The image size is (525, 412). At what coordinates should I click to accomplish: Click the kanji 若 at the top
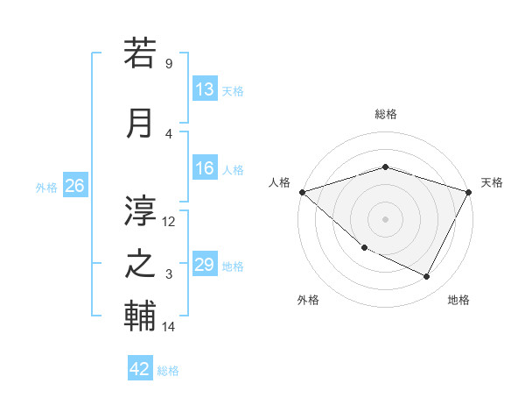[140, 54]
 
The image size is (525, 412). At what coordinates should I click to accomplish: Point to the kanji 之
[140, 264]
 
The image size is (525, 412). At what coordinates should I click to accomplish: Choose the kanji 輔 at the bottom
[140, 316]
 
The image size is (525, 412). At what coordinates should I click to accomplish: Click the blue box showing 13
[205, 89]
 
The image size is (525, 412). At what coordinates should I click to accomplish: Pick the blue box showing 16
[205, 169]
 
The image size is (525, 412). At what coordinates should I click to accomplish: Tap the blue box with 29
[205, 266]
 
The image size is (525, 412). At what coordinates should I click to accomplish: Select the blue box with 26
[74, 186]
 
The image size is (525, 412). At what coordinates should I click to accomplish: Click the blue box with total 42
[139, 369]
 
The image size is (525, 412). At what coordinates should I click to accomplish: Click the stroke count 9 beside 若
[168, 64]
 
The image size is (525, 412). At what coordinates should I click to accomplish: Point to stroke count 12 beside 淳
[169, 221]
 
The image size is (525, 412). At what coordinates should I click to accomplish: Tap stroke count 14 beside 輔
[169, 327]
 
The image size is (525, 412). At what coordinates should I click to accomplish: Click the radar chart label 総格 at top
[385, 114]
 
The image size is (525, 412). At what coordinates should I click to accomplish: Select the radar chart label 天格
[492, 182]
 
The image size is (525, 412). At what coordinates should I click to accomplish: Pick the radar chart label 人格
[280, 182]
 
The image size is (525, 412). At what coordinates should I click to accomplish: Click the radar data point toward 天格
[469, 192]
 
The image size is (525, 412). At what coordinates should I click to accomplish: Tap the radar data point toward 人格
[302, 192]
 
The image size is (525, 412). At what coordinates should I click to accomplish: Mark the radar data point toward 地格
[427, 277]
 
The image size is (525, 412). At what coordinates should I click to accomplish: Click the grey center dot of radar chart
[385, 218]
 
